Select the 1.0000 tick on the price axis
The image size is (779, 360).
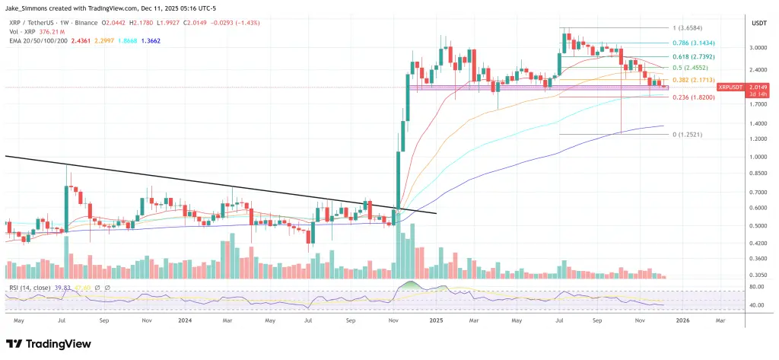758,157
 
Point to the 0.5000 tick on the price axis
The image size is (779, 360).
758,225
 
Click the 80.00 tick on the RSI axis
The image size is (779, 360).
756,287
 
